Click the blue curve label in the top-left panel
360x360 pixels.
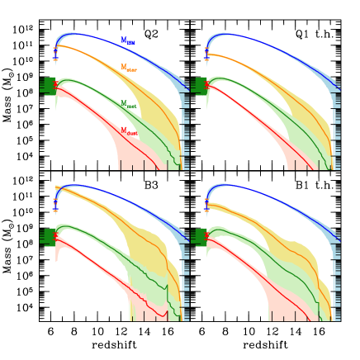127,40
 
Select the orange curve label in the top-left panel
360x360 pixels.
128,68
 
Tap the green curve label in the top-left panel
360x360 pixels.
128,105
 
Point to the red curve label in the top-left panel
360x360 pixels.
128,131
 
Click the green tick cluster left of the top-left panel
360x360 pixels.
47,86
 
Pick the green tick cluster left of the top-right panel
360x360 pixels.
198,86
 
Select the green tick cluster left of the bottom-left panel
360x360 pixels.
47,237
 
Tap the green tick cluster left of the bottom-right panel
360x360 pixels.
198,237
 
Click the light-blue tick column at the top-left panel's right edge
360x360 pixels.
185,124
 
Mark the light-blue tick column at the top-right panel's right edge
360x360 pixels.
336,124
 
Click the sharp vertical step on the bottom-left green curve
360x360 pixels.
168,293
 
